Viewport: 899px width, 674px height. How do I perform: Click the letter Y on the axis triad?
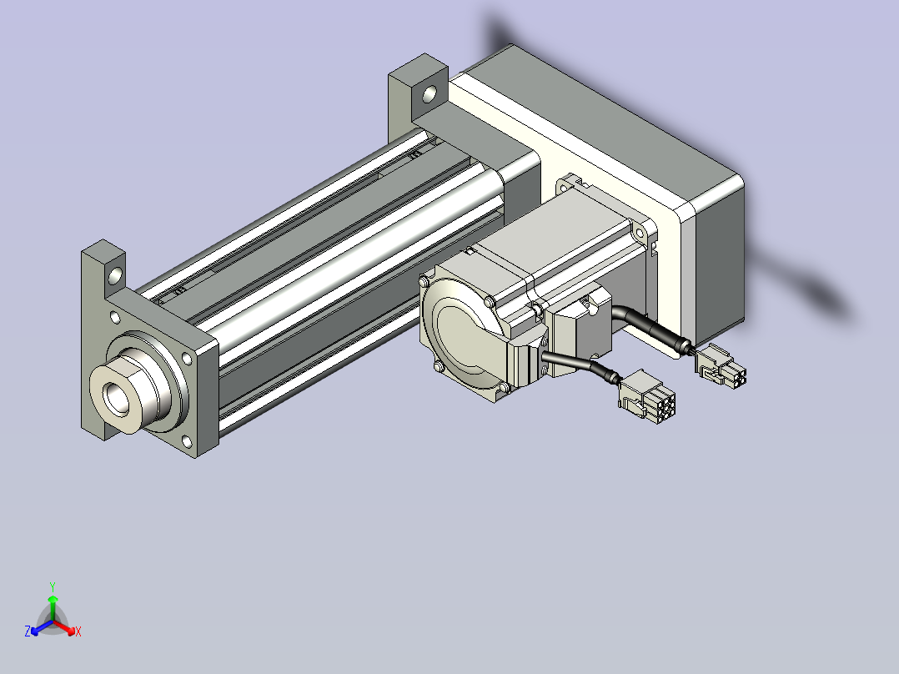tap(53, 586)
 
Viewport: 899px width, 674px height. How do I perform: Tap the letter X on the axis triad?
tap(78, 631)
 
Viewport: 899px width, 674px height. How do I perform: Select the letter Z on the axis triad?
tap(28, 631)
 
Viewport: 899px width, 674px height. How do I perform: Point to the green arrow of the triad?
tap(53, 607)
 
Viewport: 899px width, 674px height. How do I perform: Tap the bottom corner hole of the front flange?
tap(186, 441)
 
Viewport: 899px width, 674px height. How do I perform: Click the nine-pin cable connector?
tap(647, 396)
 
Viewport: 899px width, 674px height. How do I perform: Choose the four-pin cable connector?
tap(721, 365)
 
